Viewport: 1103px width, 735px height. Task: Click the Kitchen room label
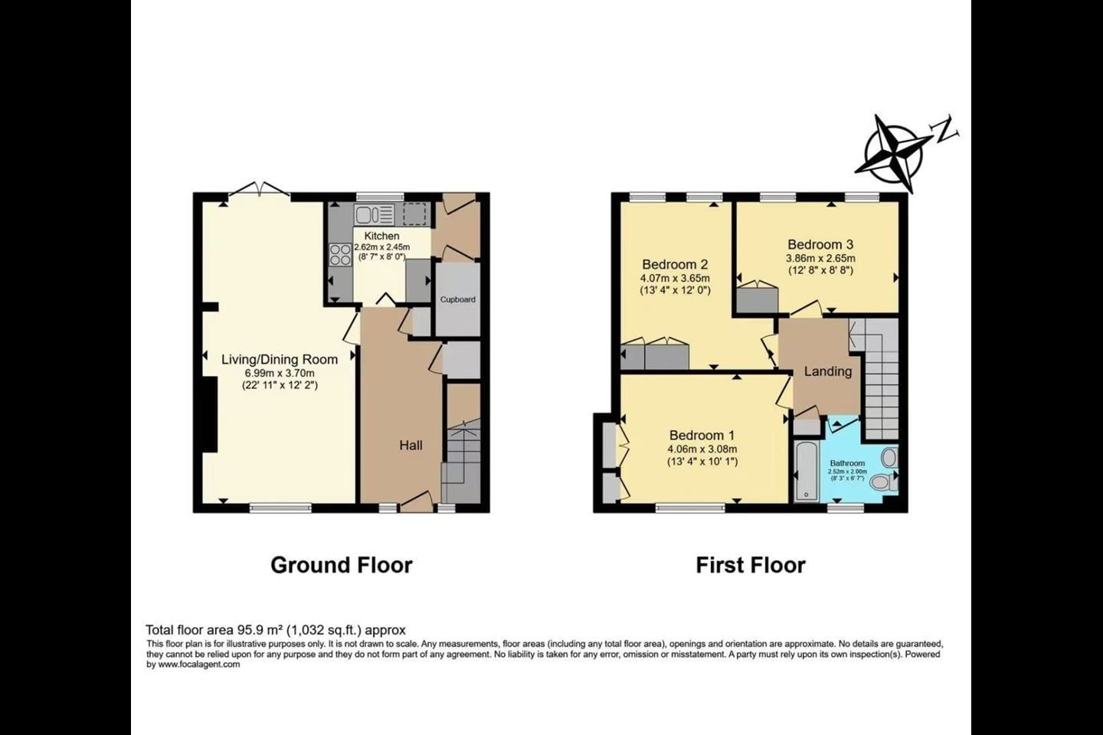point(381,236)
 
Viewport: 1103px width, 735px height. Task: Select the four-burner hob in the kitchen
point(341,255)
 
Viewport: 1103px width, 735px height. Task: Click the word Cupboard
point(457,299)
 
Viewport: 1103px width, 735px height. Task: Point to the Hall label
point(411,446)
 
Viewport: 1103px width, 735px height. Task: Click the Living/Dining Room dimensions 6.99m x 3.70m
point(280,373)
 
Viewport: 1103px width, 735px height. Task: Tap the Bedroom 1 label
point(702,435)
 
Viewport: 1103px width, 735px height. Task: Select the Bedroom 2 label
point(675,264)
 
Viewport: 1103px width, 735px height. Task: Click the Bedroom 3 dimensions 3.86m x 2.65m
point(820,258)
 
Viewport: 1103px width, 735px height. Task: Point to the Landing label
point(828,371)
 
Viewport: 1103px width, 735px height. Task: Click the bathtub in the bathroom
point(807,471)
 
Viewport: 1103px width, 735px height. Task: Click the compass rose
point(894,152)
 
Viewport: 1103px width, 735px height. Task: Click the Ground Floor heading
point(342,565)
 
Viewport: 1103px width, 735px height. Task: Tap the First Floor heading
point(751,565)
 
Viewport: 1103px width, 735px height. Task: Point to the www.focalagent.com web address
point(199,664)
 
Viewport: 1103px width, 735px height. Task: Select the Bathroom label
point(847,463)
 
